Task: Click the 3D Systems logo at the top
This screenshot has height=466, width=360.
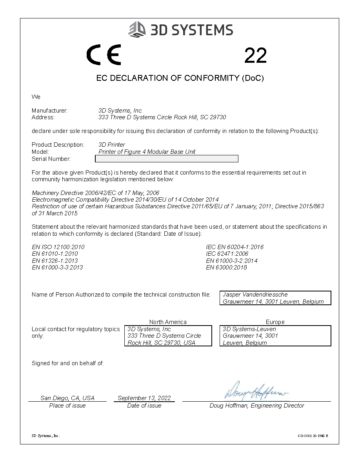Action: tap(181, 30)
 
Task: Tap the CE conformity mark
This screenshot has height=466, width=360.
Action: tap(104, 55)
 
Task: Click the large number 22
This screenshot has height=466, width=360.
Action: tap(255, 56)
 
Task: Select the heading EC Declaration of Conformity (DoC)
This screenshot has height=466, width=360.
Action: tap(180, 78)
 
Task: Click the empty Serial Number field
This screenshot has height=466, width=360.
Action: tap(167, 159)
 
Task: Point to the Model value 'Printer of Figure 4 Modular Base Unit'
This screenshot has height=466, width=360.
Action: tap(147, 152)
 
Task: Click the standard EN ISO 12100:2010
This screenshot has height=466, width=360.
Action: tap(58, 247)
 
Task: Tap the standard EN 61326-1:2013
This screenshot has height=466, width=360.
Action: tap(55, 261)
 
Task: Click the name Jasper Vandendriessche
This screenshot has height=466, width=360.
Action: tap(255, 295)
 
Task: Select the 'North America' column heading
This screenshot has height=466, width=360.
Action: tap(168, 322)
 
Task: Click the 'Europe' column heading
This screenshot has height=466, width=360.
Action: tap(275, 322)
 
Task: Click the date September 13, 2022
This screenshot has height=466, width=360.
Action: tap(144, 398)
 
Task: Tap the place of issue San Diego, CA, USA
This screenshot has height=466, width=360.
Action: tap(67, 398)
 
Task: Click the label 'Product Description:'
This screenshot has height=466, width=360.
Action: tap(58, 145)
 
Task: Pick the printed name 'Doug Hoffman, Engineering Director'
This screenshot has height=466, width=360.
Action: tap(256, 406)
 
